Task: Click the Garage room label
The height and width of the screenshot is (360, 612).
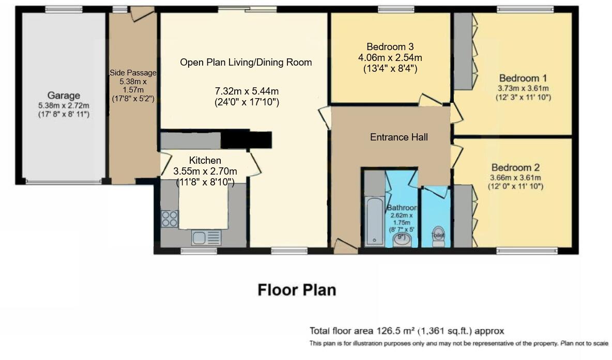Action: (64, 96)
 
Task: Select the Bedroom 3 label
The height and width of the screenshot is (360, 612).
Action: (390, 46)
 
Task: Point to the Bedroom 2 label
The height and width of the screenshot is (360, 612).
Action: (515, 168)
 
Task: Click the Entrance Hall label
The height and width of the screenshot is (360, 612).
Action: (399, 137)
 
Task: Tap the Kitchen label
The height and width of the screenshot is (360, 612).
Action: (205, 160)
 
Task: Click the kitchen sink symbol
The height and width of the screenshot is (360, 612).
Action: (206, 238)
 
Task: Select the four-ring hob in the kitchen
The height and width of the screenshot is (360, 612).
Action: (170, 219)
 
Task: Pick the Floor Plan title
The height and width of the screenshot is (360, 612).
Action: (297, 290)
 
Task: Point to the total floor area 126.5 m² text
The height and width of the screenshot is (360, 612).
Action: (406, 331)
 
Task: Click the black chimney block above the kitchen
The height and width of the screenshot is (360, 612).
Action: (247, 139)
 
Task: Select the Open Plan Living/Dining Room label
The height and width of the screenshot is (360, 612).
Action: (246, 62)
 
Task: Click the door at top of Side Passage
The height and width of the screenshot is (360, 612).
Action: (141, 13)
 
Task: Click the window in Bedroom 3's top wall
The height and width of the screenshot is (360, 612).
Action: (395, 9)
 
